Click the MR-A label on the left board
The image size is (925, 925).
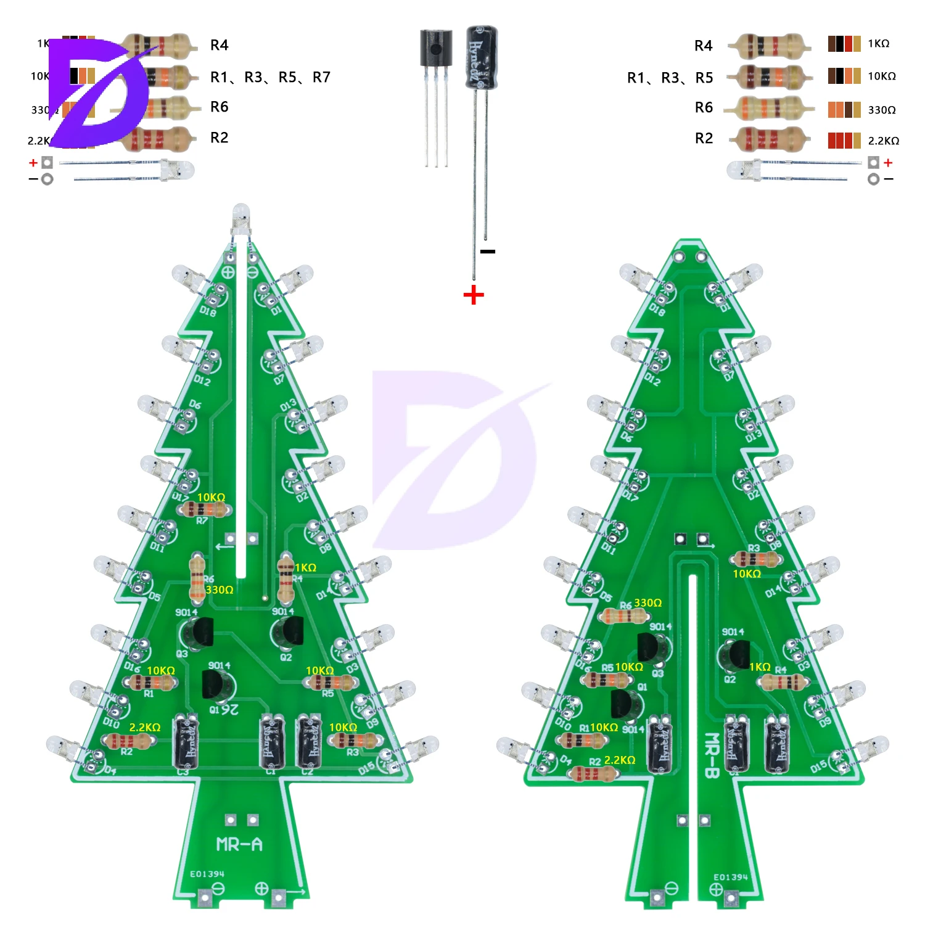(239, 844)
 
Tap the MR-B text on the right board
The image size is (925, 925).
(711, 755)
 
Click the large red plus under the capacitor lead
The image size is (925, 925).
(474, 295)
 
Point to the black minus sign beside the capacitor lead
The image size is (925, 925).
(488, 251)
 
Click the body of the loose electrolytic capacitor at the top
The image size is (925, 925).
(482, 57)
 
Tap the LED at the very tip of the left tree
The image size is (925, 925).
(240, 216)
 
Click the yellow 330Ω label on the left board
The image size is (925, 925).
(220, 590)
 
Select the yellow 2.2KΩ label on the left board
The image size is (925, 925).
(145, 727)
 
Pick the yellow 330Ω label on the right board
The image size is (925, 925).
(647, 602)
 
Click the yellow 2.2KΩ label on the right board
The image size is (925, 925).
(620, 760)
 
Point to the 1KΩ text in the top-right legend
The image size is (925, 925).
(878, 43)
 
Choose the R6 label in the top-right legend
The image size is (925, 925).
(704, 107)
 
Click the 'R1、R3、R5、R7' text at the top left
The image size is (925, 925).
(270, 77)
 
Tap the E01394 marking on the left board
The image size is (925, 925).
(207, 874)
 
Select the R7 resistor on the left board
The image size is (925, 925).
(204, 509)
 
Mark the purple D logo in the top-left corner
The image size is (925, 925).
(99, 92)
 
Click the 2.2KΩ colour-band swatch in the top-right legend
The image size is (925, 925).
(844, 141)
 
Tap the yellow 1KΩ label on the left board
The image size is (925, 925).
(305, 567)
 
